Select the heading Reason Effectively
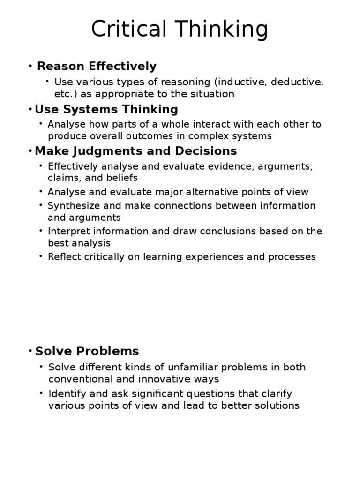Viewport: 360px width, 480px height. click(97, 66)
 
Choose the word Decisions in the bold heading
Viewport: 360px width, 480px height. click(207, 151)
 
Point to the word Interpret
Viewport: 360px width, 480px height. click(68, 231)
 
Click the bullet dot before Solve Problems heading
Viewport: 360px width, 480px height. click(30, 351)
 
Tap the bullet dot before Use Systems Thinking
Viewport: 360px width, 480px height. click(30, 110)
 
